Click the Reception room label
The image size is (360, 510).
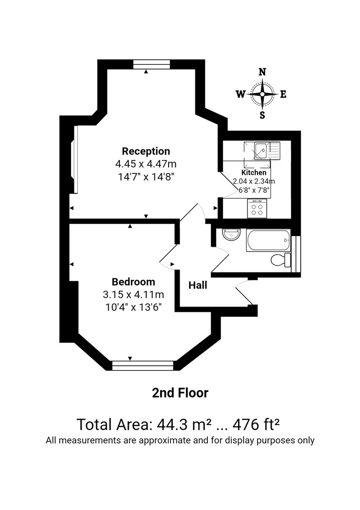146,151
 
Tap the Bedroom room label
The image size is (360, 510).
133,282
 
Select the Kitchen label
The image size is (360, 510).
254,172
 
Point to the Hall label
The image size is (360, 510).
198,285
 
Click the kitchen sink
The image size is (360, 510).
262,151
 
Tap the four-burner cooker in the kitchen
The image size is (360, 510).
257,208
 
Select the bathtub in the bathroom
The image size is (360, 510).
268,240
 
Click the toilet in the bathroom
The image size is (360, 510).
281,259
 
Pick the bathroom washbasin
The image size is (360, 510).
232,234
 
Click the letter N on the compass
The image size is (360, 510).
262,72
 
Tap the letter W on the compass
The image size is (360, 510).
240,94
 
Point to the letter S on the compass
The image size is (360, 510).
262,115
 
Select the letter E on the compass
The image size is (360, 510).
283,94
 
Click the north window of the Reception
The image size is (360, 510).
152,65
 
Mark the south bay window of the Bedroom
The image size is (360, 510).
143,365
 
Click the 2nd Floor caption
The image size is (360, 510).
180,393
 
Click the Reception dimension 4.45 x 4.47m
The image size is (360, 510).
146,164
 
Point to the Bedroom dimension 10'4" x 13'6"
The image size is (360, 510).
134,307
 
